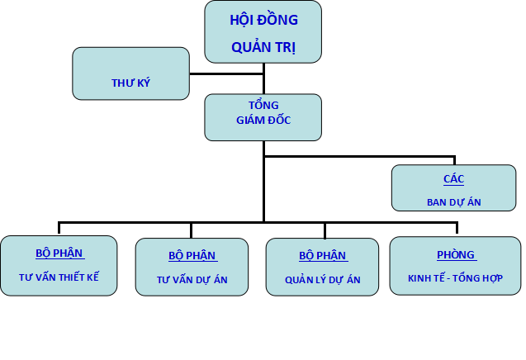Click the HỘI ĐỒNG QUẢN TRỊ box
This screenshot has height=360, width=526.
click(x=263, y=32)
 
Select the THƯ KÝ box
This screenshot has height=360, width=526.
click(x=130, y=73)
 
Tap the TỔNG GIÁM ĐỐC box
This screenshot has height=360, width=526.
click(x=263, y=117)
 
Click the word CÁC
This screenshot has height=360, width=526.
click(x=454, y=179)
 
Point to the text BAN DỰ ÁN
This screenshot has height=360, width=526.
click(x=454, y=202)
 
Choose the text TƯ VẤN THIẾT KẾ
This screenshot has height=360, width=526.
click(x=59, y=277)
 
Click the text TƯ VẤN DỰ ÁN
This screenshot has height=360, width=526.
click(x=192, y=280)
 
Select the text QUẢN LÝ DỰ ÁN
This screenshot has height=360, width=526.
click(x=322, y=280)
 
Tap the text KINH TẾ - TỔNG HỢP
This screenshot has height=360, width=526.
click(x=455, y=278)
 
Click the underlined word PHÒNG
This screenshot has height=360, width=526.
click(x=456, y=255)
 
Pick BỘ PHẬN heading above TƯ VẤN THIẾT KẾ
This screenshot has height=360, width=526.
click(x=59, y=253)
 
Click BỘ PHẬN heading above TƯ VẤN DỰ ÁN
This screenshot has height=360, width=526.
click(x=192, y=256)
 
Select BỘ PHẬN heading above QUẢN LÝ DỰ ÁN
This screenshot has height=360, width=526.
click(x=322, y=256)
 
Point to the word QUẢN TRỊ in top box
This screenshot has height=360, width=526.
click(x=263, y=47)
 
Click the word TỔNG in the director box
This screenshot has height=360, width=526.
click(x=263, y=106)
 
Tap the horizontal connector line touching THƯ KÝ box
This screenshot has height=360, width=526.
click(x=226, y=73)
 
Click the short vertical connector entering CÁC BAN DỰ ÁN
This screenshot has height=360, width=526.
click(x=454, y=160)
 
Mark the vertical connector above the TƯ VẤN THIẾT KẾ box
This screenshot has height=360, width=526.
click(x=59, y=228)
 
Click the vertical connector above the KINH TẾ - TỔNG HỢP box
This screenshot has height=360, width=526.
click(x=457, y=228)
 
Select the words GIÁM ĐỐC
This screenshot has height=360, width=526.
click(x=263, y=120)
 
